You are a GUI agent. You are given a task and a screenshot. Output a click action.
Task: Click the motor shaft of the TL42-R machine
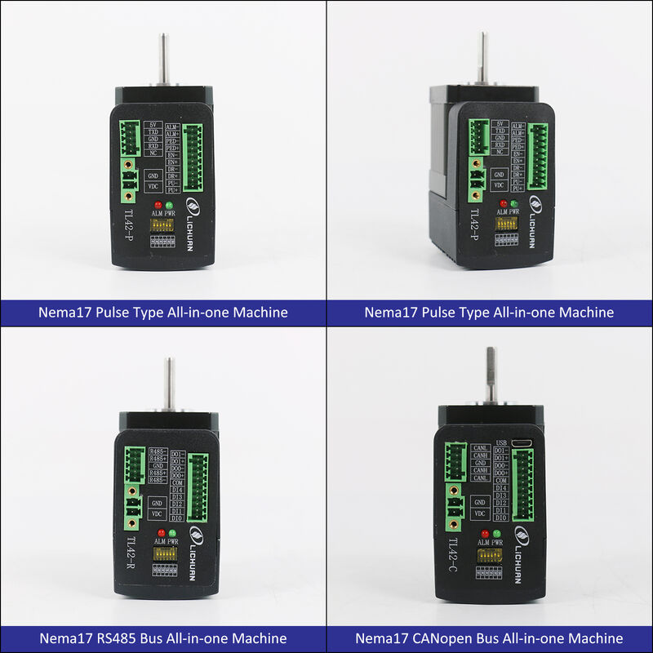169,384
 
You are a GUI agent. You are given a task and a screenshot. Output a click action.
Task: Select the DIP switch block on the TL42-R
166,553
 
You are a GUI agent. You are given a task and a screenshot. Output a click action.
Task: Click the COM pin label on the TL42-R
177,482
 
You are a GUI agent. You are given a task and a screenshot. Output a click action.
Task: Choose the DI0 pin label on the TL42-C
502,518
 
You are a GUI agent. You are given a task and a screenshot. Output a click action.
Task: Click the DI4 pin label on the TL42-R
176,489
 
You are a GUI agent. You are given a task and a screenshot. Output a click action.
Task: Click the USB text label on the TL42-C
502,443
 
